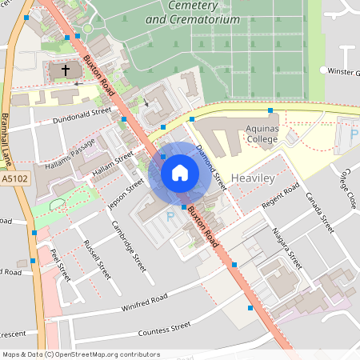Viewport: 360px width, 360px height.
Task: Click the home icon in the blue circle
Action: pyautogui.click(x=180, y=173)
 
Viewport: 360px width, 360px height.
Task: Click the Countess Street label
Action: pyautogui.click(x=164, y=328)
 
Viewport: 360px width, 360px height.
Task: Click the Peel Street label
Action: pyautogui.click(x=60, y=264)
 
